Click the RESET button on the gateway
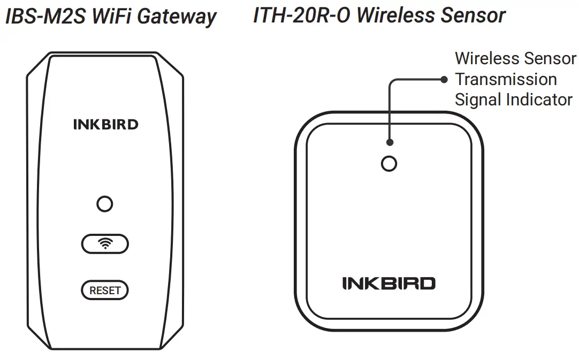(x=105, y=290)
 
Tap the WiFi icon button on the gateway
(x=105, y=244)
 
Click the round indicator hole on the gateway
(x=105, y=204)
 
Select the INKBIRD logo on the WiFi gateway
(x=105, y=125)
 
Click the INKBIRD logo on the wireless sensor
(x=389, y=283)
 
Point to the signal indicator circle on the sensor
(x=389, y=164)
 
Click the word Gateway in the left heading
(x=177, y=17)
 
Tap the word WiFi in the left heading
(x=111, y=17)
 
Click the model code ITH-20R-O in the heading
(x=301, y=16)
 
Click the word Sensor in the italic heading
(x=473, y=16)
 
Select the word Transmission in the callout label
(x=506, y=79)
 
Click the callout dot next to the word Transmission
(x=444, y=80)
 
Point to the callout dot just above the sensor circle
(x=390, y=142)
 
